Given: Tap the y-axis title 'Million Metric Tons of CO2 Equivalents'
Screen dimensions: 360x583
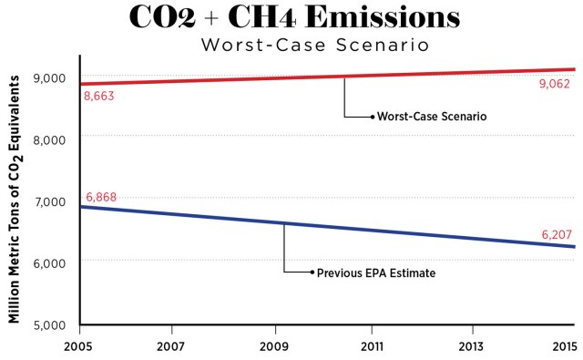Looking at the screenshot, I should click(15, 200).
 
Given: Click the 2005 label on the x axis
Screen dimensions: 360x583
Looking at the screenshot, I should click(80, 347).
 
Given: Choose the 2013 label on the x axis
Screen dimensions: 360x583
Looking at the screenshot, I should click(472, 347).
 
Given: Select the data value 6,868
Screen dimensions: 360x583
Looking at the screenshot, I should click(101, 198).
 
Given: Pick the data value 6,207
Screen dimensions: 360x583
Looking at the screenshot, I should click(556, 235).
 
